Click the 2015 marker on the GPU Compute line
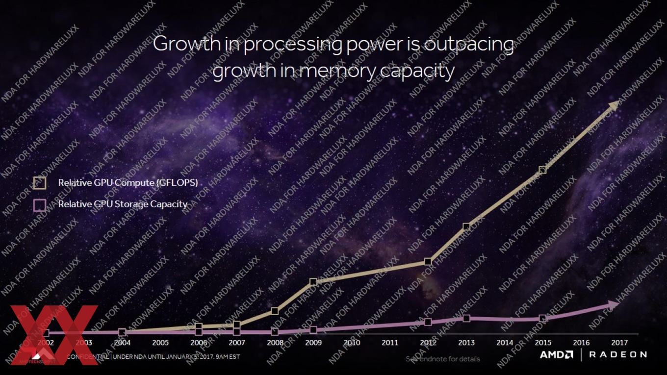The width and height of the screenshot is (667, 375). click(x=542, y=170)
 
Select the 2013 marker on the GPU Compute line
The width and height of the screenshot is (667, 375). click(x=466, y=226)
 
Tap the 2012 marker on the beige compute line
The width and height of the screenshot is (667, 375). click(x=428, y=262)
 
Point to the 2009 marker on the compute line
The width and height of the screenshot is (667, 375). click(x=313, y=282)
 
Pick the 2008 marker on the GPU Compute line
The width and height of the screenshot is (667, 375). click(x=275, y=311)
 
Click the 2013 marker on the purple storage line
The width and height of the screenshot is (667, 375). click(x=466, y=318)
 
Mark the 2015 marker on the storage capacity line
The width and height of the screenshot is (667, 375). click(x=542, y=319)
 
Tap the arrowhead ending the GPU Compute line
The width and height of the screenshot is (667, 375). click(x=615, y=105)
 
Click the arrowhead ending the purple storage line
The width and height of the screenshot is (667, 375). click(x=614, y=304)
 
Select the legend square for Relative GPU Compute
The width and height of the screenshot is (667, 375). click(x=40, y=183)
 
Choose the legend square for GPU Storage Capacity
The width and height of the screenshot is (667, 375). click(x=40, y=204)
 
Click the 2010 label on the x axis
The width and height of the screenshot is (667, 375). click(x=352, y=343)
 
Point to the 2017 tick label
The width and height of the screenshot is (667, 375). click(x=619, y=343)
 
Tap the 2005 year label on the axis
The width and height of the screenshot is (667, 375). click(x=160, y=343)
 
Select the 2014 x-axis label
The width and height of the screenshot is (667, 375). click(x=505, y=343)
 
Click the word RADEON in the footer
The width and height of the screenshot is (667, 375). click(x=617, y=354)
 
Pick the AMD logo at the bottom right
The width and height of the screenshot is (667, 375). click(x=556, y=354)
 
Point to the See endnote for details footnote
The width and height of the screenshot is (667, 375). click(x=443, y=359)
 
